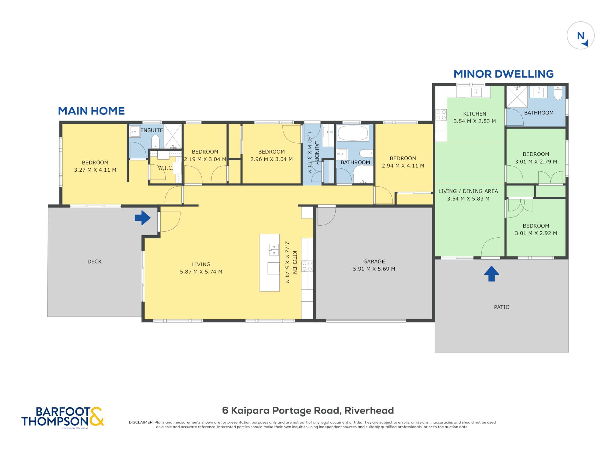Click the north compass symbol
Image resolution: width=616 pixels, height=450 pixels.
pos(581,36)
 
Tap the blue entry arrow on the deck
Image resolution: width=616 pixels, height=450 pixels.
pos(143,217)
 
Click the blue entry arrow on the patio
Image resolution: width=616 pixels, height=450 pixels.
pos(491,273)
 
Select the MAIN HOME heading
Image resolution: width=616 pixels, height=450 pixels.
pos(91,111)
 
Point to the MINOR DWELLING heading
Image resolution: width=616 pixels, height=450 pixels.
pos(504,74)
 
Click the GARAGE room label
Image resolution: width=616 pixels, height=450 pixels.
pos(374,261)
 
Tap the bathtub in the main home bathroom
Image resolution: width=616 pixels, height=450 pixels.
pos(353,133)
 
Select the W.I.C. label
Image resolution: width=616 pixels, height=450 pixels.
pos(166,168)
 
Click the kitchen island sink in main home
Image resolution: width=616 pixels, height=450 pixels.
pos(274,250)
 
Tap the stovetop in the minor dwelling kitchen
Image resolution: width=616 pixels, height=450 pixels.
pos(441,115)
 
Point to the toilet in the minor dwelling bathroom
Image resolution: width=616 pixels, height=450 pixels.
pos(558,93)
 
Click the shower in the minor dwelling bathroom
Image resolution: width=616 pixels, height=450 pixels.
pos(517,97)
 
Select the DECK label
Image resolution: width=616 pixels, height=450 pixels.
pos(94,261)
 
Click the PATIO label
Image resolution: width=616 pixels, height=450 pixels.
pos(502,307)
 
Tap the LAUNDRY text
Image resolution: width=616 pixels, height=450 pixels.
pos(317,152)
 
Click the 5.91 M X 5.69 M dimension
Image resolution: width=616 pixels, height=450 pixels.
pos(374,269)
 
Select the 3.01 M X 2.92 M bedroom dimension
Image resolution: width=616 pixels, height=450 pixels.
pos(536,233)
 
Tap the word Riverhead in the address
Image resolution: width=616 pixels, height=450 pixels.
pos(369,411)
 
